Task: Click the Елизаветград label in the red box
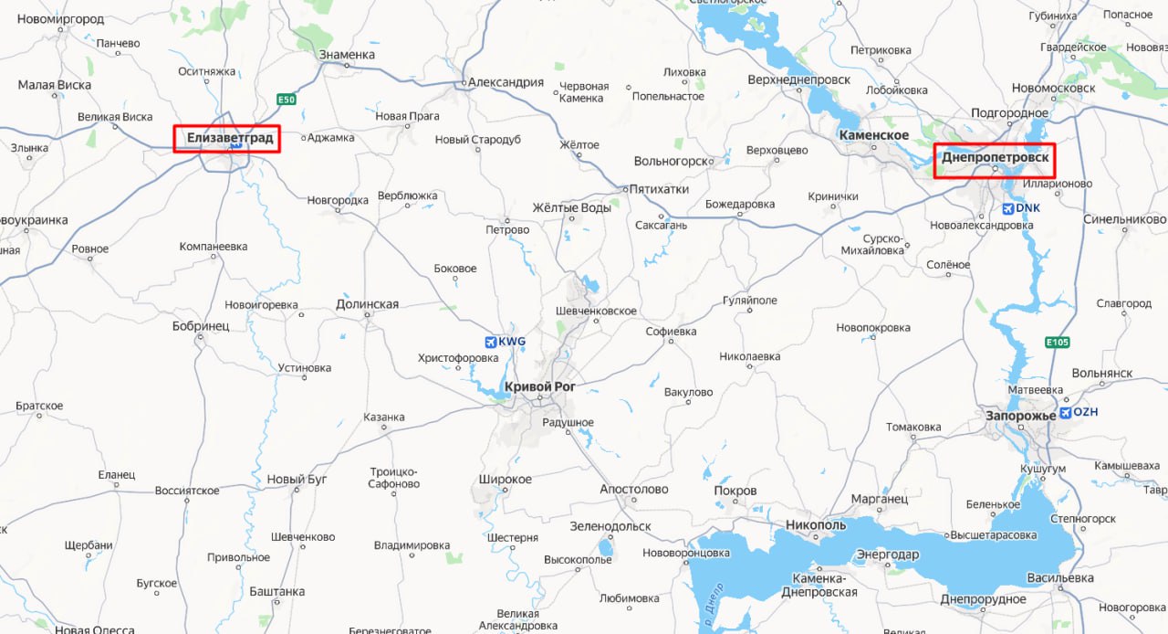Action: (229, 138)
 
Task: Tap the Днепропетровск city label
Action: (996, 158)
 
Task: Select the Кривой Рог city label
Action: (539, 386)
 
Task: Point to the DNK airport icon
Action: (1007, 208)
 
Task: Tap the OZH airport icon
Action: (1065, 413)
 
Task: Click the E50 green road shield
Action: (287, 100)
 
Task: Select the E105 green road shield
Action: (1058, 342)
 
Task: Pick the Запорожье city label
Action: (1020, 416)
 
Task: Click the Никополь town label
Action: (816, 525)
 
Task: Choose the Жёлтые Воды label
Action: (571, 208)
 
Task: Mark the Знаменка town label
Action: (347, 55)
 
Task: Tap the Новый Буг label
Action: (297, 480)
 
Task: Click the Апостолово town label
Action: (633, 490)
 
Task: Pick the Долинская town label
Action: (367, 304)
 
